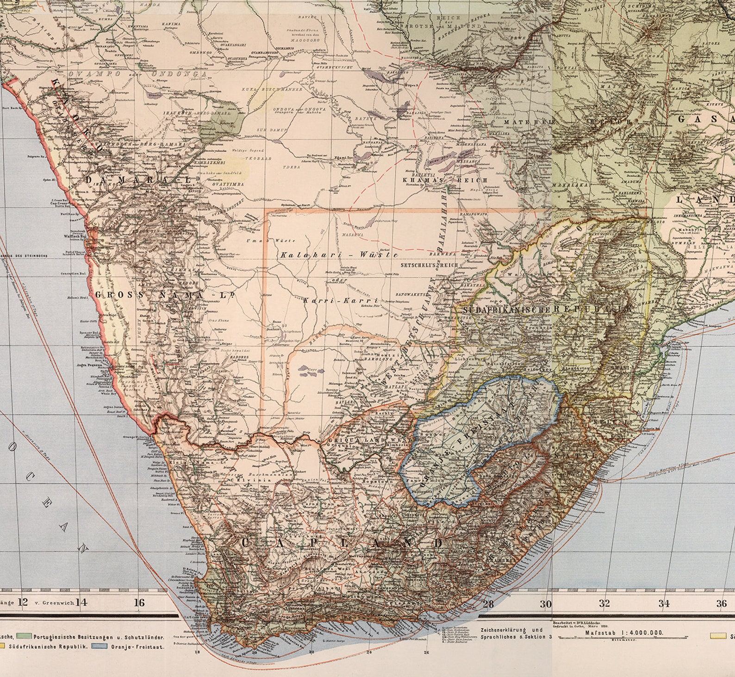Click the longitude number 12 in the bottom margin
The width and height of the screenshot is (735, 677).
tap(22, 602)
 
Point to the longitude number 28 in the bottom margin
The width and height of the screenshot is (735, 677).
tap(488, 603)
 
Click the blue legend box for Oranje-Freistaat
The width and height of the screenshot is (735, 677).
tap(100, 646)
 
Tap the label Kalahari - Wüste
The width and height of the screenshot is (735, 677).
tap(339, 255)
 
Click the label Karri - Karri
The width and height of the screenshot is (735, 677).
tap(341, 299)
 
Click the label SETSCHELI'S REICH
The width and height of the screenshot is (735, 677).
tap(430, 265)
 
